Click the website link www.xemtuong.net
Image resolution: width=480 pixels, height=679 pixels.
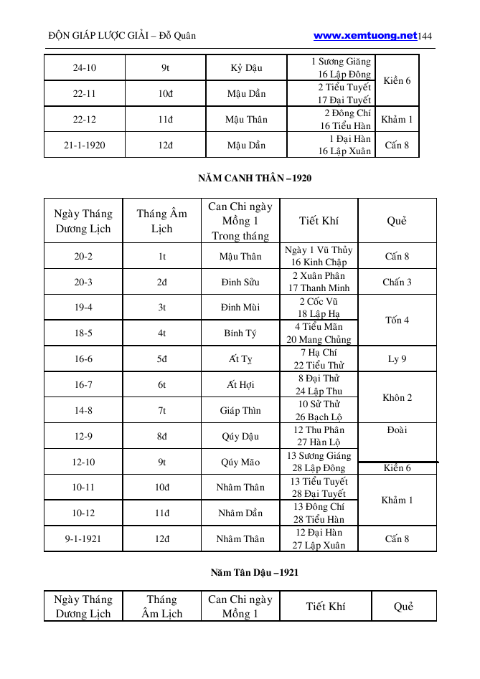[x=365, y=35]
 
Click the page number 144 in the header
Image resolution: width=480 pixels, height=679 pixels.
[x=425, y=36]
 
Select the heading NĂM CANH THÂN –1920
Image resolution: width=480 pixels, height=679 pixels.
[x=255, y=178]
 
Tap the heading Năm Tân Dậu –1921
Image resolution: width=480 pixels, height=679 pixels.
[x=255, y=572]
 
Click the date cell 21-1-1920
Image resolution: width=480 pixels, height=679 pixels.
[x=84, y=145]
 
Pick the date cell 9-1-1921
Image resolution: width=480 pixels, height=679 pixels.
[x=83, y=538]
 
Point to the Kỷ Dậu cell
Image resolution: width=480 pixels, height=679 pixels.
[x=246, y=68]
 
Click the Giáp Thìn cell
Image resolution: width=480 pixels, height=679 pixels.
[x=240, y=411]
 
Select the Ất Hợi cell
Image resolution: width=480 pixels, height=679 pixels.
[x=240, y=385]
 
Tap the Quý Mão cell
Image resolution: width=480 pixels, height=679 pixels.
[x=240, y=462]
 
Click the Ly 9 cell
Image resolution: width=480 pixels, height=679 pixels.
[x=397, y=359]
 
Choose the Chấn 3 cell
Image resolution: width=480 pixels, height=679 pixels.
[x=397, y=282]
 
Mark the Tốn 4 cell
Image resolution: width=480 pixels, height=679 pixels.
[x=397, y=320]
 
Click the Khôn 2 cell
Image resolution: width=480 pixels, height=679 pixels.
[x=397, y=398]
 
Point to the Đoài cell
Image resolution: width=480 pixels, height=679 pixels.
[x=397, y=430]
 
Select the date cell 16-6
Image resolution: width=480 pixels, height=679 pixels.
[x=83, y=359]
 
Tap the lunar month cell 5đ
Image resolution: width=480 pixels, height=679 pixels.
[x=162, y=359]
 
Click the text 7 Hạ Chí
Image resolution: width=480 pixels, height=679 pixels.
[x=319, y=353]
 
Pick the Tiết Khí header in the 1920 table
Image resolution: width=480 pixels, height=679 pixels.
[x=319, y=221]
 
